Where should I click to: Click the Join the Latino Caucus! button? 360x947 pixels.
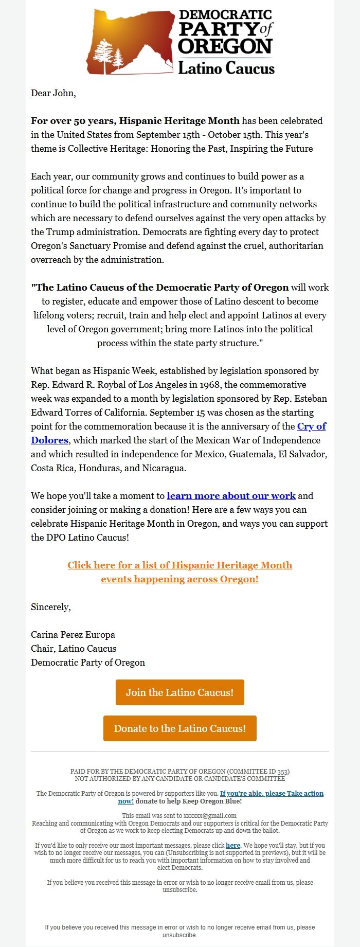[x=179, y=692]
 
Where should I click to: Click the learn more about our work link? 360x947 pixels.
[x=231, y=496]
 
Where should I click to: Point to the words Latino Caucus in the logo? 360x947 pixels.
[x=226, y=68]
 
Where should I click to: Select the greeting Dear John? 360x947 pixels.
[x=53, y=93]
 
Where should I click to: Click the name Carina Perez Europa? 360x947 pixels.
[x=73, y=635]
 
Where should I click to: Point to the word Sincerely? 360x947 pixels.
[x=50, y=607]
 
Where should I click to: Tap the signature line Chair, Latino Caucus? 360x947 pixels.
[x=74, y=649]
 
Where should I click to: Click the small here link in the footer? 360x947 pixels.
[x=233, y=845]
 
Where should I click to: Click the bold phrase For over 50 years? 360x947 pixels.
[x=74, y=121]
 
